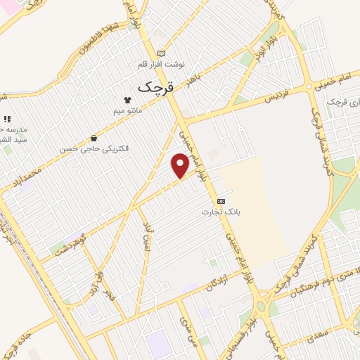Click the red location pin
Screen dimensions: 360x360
[180, 165]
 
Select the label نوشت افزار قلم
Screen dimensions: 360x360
[162, 63]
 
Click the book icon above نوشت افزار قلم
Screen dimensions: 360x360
[162, 53]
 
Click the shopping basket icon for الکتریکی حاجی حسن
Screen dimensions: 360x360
[94, 139]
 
